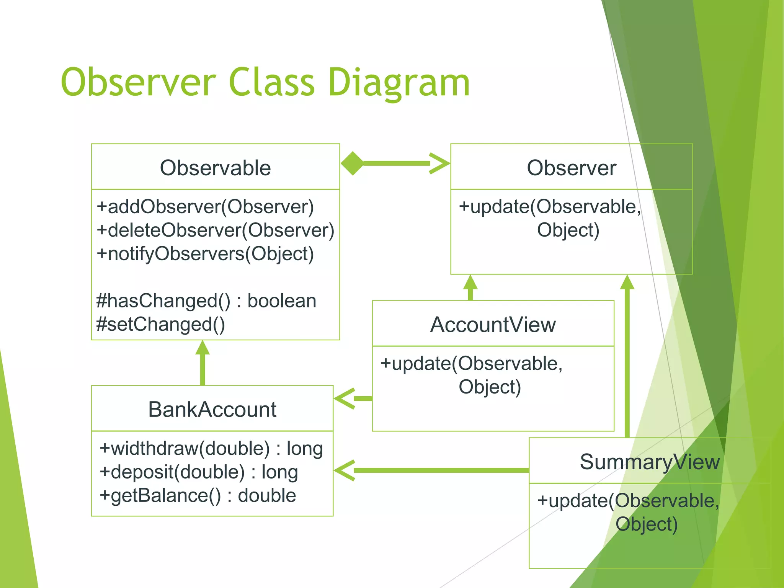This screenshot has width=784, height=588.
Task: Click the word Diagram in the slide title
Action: pos(398,82)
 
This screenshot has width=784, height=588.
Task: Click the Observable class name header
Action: pos(215,168)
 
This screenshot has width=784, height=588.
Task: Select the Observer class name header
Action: pos(571,168)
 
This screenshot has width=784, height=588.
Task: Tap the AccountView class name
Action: pos(493,325)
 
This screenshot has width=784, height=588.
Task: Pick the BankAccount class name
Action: pos(212,409)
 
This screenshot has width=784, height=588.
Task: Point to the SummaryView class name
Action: pos(649,462)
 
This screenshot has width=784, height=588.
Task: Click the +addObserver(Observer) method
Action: pos(205,207)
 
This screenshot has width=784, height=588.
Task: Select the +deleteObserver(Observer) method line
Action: pos(215,230)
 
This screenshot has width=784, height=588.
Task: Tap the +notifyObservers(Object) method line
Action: pos(205,254)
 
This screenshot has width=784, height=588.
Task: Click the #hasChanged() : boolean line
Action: pos(206,301)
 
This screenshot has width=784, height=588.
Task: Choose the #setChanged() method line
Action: pos(160,324)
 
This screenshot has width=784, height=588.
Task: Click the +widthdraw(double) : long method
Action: pos(211,448)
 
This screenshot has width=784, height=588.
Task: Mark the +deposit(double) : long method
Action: pos(198,472)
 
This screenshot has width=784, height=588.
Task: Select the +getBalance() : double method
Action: pos(198,496)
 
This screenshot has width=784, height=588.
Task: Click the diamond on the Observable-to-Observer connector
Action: pos(352,163)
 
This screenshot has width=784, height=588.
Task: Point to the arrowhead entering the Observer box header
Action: pos(439,163)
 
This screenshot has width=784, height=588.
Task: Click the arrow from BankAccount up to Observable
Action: pos(203,364)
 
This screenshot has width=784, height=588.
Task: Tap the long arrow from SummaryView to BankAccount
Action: pos(433,470)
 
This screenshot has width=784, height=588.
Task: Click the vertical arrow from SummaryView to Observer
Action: pos(627,360)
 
